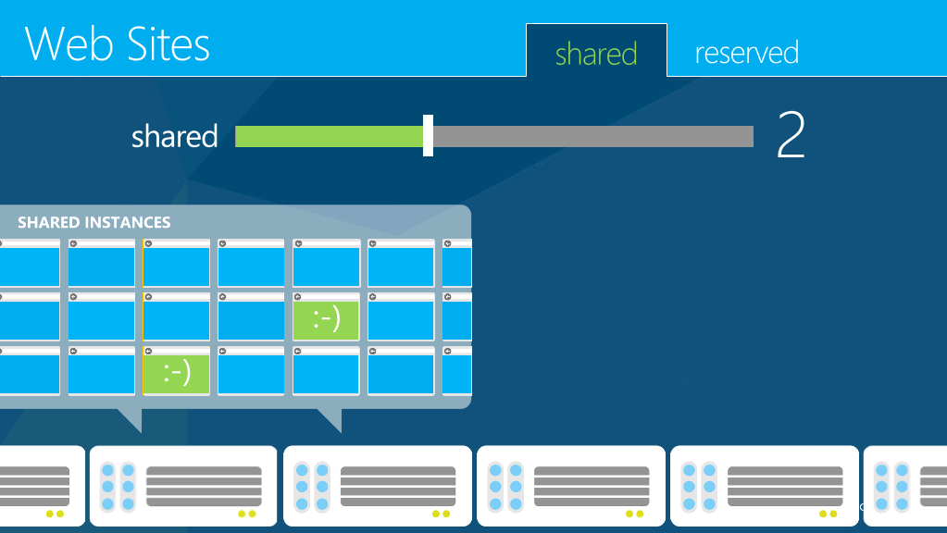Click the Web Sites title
click(118, 44)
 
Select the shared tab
click(596, 53)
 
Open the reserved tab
click(747, 53)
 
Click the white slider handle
click(429, 136)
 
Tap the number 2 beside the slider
click(791, 134)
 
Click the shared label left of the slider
click(175, 136)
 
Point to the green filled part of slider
click(330, 136)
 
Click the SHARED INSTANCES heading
click(94, 222)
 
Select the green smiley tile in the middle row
click(326, 316)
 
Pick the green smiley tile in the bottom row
click(177, 371)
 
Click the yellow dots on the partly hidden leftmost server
click(55, 514)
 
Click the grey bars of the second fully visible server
click(398, 486)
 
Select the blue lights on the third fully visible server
click(505, 487)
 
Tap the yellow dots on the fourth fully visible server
click(828, 514)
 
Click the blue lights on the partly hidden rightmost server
click(892, 487)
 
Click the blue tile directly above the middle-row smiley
click(326, 263)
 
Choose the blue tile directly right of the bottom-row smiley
click(251, 371)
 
